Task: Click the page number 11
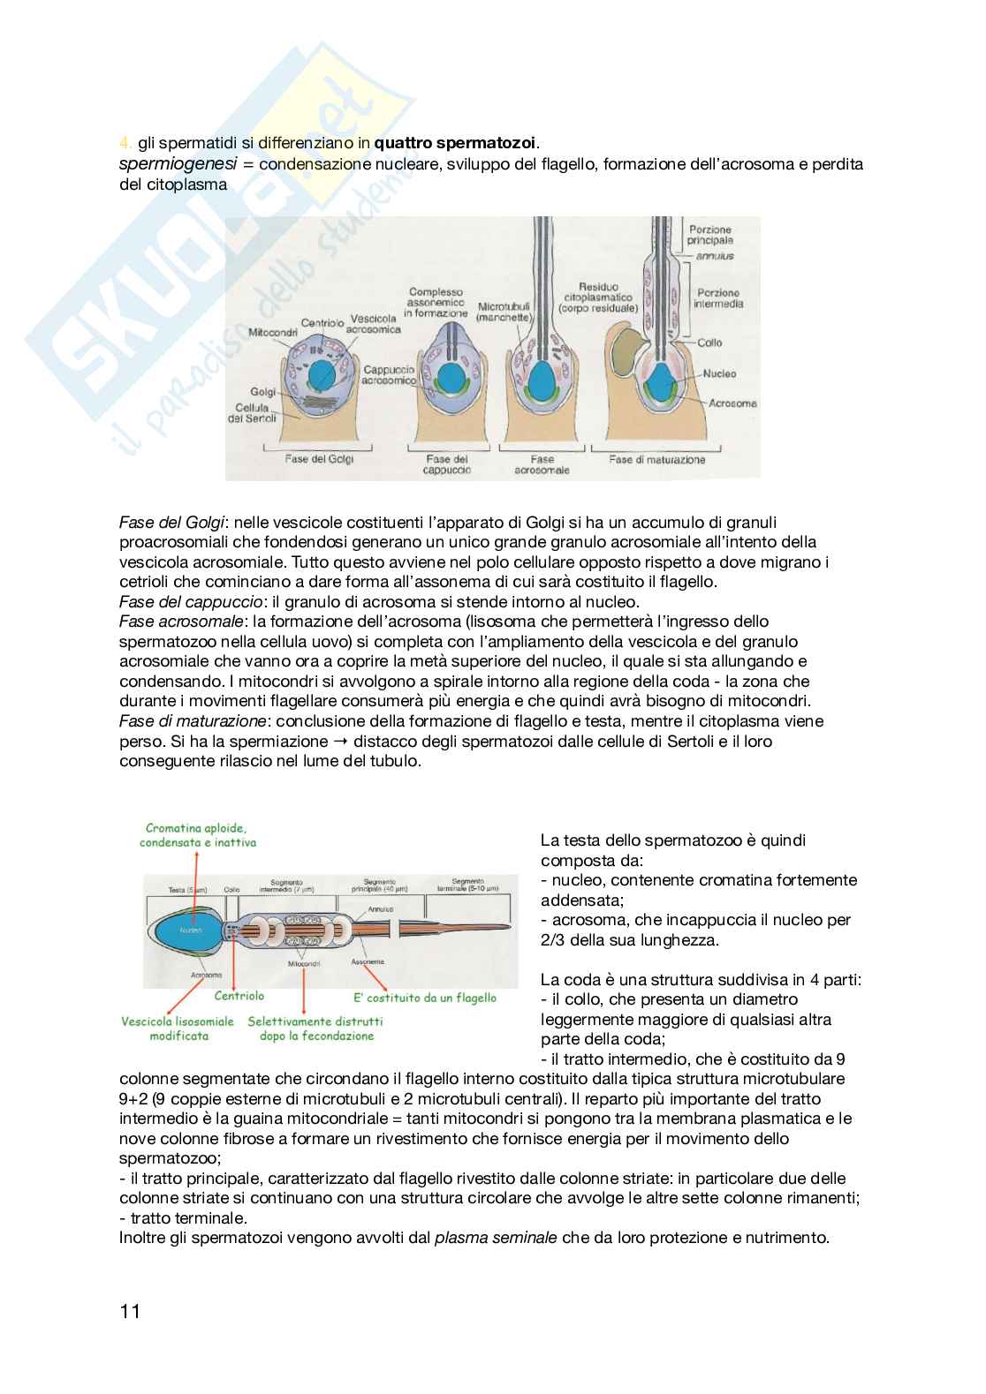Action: [x=130, y=1311]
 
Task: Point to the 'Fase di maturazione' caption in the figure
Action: [x=656, y=459]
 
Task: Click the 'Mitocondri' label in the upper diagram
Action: [x=273, y=333]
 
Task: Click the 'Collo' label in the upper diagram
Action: [x=709, y=343]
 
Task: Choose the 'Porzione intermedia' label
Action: [x=719, y=298]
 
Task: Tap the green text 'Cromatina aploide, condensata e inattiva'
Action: [x=197, y=835]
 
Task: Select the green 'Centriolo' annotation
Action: [x=239, y=996]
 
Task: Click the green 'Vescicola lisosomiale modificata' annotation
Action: [x=178, y=1029]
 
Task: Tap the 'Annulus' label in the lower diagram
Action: [x=382, y=908]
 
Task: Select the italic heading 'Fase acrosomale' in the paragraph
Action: [x=175, y=622]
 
